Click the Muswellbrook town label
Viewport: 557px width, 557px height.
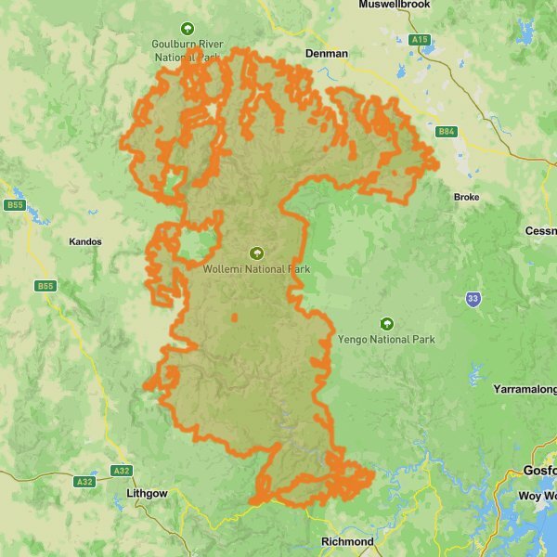click(395, 5)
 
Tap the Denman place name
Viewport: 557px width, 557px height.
click(327, 54)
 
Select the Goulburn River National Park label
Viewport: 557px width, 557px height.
click(187, 50)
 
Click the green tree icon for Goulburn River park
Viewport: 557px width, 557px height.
click(187, 29)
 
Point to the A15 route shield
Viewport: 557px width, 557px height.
click(421, 40)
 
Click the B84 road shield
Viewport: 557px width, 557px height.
click(447, 132)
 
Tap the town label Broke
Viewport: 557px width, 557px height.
click(466, 197)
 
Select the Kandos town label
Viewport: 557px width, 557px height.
click(85, 241)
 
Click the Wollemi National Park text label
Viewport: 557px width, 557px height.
click(256, 269)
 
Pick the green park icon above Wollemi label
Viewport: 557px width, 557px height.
click(256, 253)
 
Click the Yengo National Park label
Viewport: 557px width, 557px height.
click(387, 340)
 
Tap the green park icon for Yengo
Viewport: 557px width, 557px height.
click(387, 323)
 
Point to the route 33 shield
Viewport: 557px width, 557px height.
click(473, 299)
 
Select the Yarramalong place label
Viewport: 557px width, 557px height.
click(525, 387)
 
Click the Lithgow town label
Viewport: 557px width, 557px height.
click(146, 494)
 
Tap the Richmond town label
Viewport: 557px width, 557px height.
click(346, 541)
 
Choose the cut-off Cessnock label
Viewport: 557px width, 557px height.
click(540, 230)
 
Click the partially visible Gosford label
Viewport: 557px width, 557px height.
click(539, 471)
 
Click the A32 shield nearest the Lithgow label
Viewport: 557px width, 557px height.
click(121, 471)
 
